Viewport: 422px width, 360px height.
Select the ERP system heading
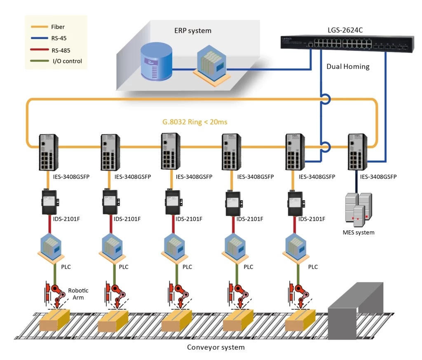(193, 30)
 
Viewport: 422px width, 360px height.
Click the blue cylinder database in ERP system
(155, 62)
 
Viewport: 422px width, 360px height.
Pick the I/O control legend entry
(67, 61)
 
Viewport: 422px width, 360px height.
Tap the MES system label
(359, 232)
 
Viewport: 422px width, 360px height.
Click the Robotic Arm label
(78, 294)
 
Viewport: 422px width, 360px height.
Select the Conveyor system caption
(216, 347)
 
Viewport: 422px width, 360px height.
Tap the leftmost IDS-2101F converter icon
(49, 202)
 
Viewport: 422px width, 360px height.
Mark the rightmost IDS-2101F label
(312, 219)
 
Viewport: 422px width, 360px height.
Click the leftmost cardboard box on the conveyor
(54, 321)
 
